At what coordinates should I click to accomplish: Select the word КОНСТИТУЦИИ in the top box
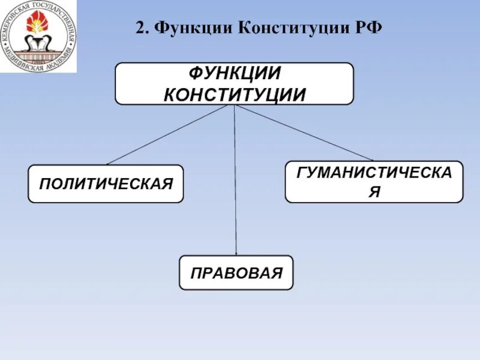pos(234,94)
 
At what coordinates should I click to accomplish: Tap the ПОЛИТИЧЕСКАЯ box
pos(106,184)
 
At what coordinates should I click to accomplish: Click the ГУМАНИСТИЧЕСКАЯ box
pos(374,182)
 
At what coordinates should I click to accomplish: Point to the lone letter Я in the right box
pos(374,192)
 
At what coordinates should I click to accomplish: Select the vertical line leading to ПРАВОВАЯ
pos(235,180)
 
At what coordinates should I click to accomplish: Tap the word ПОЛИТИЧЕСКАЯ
pos(106,183)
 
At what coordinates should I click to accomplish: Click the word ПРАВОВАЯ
pos(236,273)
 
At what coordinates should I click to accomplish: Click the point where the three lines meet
pos(234,105)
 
